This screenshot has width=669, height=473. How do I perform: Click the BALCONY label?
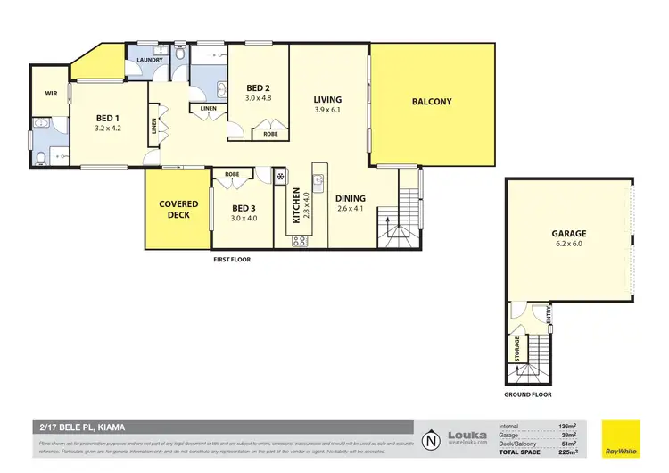tap(432, 102)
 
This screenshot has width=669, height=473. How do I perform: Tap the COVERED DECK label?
tap(178, 210)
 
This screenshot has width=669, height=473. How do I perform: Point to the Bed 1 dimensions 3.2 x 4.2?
tap(113, 128)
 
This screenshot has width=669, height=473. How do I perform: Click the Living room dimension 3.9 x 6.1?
tap(327, 110)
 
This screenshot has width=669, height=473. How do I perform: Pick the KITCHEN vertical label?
tap(297, 206)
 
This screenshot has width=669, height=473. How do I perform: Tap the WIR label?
tap(51, 93)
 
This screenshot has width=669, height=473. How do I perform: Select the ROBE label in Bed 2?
tap(269, 135)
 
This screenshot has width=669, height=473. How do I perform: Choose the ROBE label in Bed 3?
tap(232, 174)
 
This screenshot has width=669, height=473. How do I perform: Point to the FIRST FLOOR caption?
tap(231, 260)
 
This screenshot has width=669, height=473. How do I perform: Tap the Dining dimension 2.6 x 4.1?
tap(350, 209)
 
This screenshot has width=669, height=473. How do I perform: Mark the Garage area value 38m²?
tap(568, 434)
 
